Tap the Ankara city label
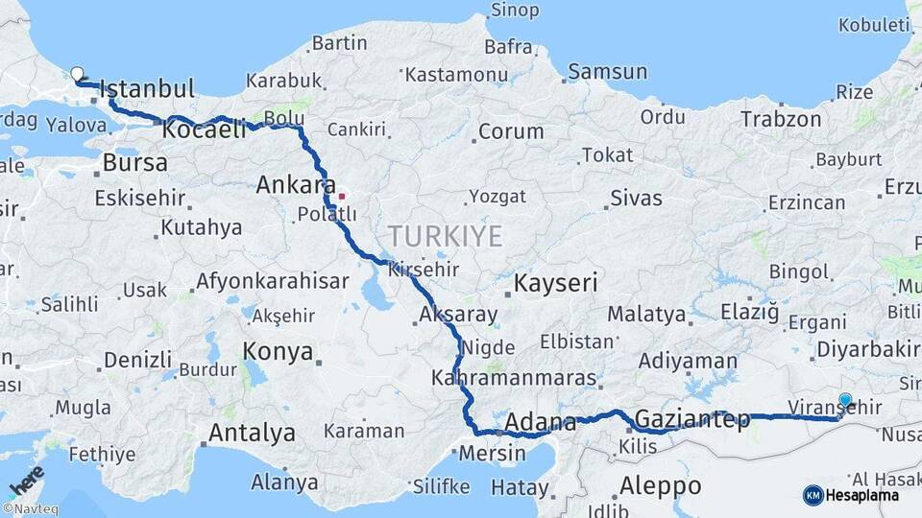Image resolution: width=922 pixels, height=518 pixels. [295, 185]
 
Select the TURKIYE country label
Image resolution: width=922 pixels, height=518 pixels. [445, 236]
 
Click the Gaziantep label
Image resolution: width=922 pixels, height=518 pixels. [691, 418]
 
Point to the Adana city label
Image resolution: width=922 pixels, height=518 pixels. [540, 421]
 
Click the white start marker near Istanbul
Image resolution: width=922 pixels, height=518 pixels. [77, 73]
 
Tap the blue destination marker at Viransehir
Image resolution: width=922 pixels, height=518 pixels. [845, 401]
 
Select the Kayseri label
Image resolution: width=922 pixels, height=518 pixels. [555, 283]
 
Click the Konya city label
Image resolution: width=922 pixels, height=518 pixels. [278, 351]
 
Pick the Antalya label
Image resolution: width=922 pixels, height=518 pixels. [252, 433]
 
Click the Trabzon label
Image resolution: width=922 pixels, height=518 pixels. [780, 119]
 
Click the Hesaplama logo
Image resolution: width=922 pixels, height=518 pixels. [851, 495]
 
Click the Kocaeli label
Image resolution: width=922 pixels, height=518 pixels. [205, 129]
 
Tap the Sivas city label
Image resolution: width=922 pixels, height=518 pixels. [635, 199]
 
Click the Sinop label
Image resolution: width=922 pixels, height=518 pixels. [515, 11]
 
